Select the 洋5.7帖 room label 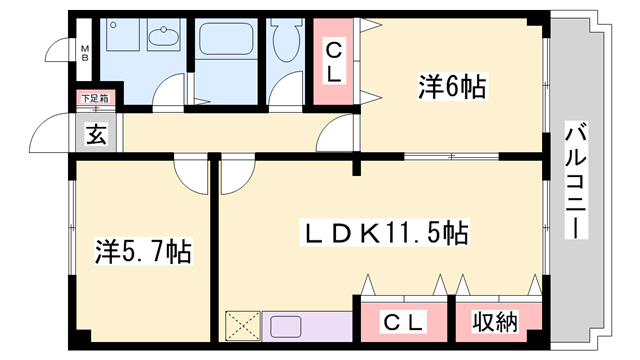(x=143, y=248)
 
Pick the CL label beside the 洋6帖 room (x=334, y=61)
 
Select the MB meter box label (x=85, y=52)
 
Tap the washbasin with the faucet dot (x=161, y=39)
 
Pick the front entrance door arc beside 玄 (x=50, y=133)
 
